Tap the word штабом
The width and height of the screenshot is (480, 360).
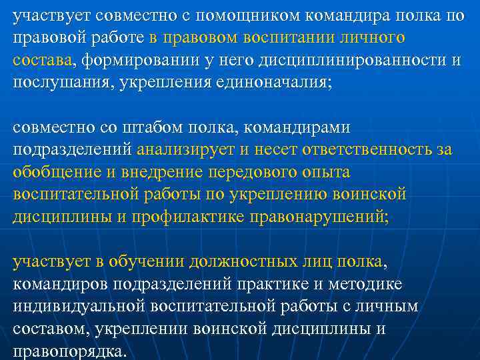coord(133,127)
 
